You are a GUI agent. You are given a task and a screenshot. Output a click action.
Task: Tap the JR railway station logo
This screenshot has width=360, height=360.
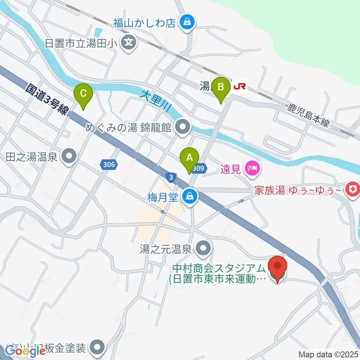[x=240, y=87]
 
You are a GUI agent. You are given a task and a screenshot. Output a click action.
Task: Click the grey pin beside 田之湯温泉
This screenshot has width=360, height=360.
[x=69, y=156]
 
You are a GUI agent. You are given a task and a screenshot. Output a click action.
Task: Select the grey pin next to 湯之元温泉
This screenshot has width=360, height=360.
[x=204, y=248]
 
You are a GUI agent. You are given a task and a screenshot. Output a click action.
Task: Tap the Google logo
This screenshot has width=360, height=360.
[x=25, y=351]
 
